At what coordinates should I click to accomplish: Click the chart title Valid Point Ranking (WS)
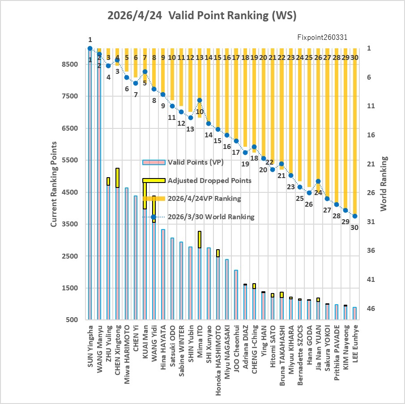(x=202, y=16)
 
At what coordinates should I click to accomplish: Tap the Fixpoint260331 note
(x=322, y=38)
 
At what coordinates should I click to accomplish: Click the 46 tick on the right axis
(x=371, y=309)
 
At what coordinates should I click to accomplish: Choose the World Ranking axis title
(x=384, y=183)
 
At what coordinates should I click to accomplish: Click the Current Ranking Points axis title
(x=54, y=184)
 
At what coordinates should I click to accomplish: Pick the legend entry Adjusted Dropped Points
(x=209, y=181)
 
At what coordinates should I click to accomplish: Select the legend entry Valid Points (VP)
(x=196, y=162)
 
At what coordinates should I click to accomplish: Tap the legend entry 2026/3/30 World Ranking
(x=211, y=217)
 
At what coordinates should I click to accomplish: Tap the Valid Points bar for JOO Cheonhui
(x=236, y=295)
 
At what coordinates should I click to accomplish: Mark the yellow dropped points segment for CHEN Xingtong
(x=117, y=178)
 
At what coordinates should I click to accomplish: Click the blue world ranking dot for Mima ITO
(x=200, y=100)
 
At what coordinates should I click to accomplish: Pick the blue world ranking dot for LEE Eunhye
(x=355, y=216)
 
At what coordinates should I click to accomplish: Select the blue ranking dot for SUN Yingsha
(x=90, y=48)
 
